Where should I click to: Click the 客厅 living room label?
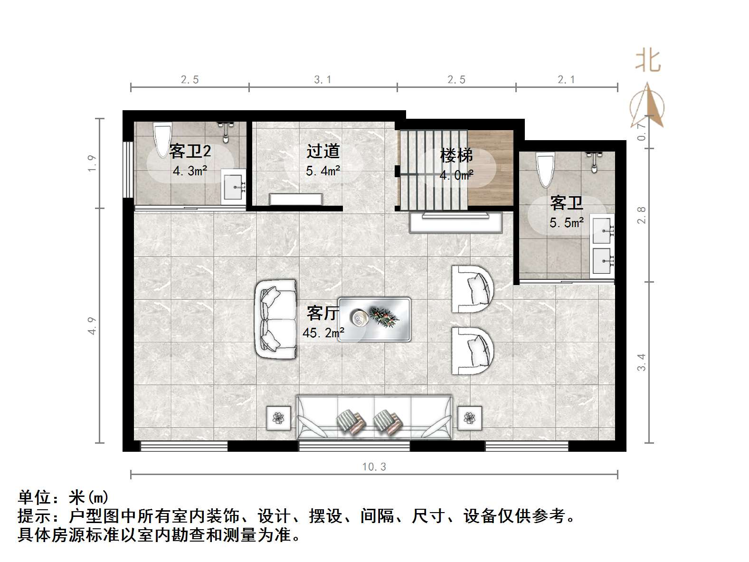322,314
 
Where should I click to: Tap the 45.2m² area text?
323,333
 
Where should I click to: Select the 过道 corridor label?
323,151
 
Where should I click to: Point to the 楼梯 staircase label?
456,155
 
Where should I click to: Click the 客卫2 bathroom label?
190,152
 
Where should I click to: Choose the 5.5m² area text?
567,222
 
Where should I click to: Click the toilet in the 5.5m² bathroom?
545,169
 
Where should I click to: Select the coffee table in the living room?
374,319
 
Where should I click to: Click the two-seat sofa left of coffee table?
275,319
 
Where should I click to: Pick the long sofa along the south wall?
374,417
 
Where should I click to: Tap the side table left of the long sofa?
278,418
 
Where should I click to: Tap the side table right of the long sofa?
470,418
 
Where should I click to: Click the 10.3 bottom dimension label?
374,467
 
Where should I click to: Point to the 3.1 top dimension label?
322,80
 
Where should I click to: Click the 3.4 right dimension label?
642,362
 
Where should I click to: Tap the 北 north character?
648,61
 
